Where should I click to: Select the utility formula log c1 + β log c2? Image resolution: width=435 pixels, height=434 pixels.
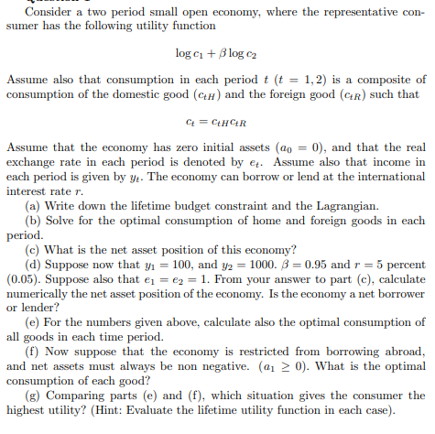217,54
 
